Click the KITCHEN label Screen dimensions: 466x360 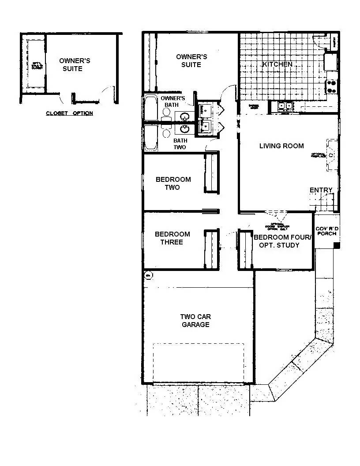[x=277, y=64]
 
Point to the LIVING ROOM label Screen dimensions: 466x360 [x=281, y=146]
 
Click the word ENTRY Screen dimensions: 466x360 [x=321, y=190]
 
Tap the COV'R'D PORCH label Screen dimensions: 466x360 [x=327, y=231]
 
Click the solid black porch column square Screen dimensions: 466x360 [x=336, y=245]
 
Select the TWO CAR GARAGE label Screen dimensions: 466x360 [x=195, y=320]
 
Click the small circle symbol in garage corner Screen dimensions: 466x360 [x=148, y=276]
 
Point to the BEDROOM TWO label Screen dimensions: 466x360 [x=173, y=183]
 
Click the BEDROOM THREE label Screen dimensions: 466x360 [x=172, y=238]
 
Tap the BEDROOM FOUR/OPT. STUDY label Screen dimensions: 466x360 [x=282, y=241]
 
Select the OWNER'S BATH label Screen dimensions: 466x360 [x=172, y=101]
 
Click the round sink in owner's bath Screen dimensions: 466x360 [x=185, y=116]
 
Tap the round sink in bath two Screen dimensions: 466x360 [x=185, y=128]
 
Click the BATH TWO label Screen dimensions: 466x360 [x=180, y=144]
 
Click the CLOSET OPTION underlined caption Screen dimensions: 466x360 [x=70, y=113]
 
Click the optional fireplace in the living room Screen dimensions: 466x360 [x=330, y=155]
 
